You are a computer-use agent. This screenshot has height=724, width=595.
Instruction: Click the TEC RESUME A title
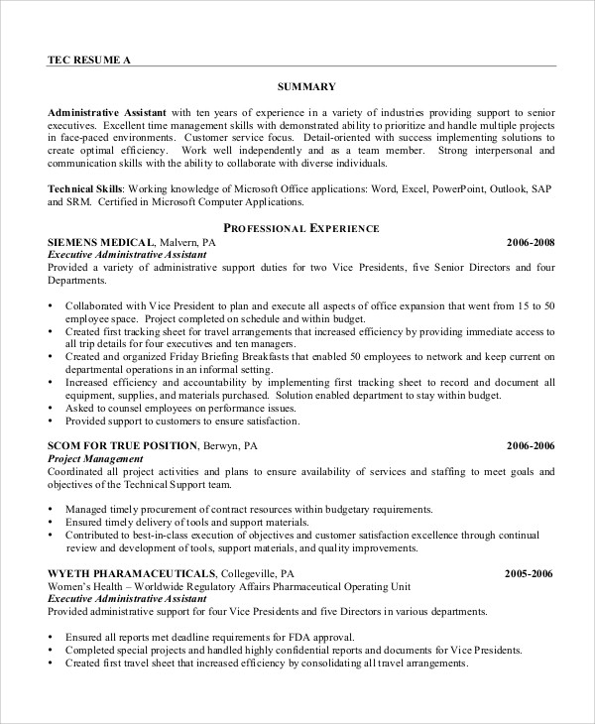pos(88,59)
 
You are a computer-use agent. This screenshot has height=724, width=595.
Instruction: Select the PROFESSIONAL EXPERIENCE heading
pos(301,228)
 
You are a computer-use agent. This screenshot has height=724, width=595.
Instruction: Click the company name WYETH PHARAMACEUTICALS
pos(132,573)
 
